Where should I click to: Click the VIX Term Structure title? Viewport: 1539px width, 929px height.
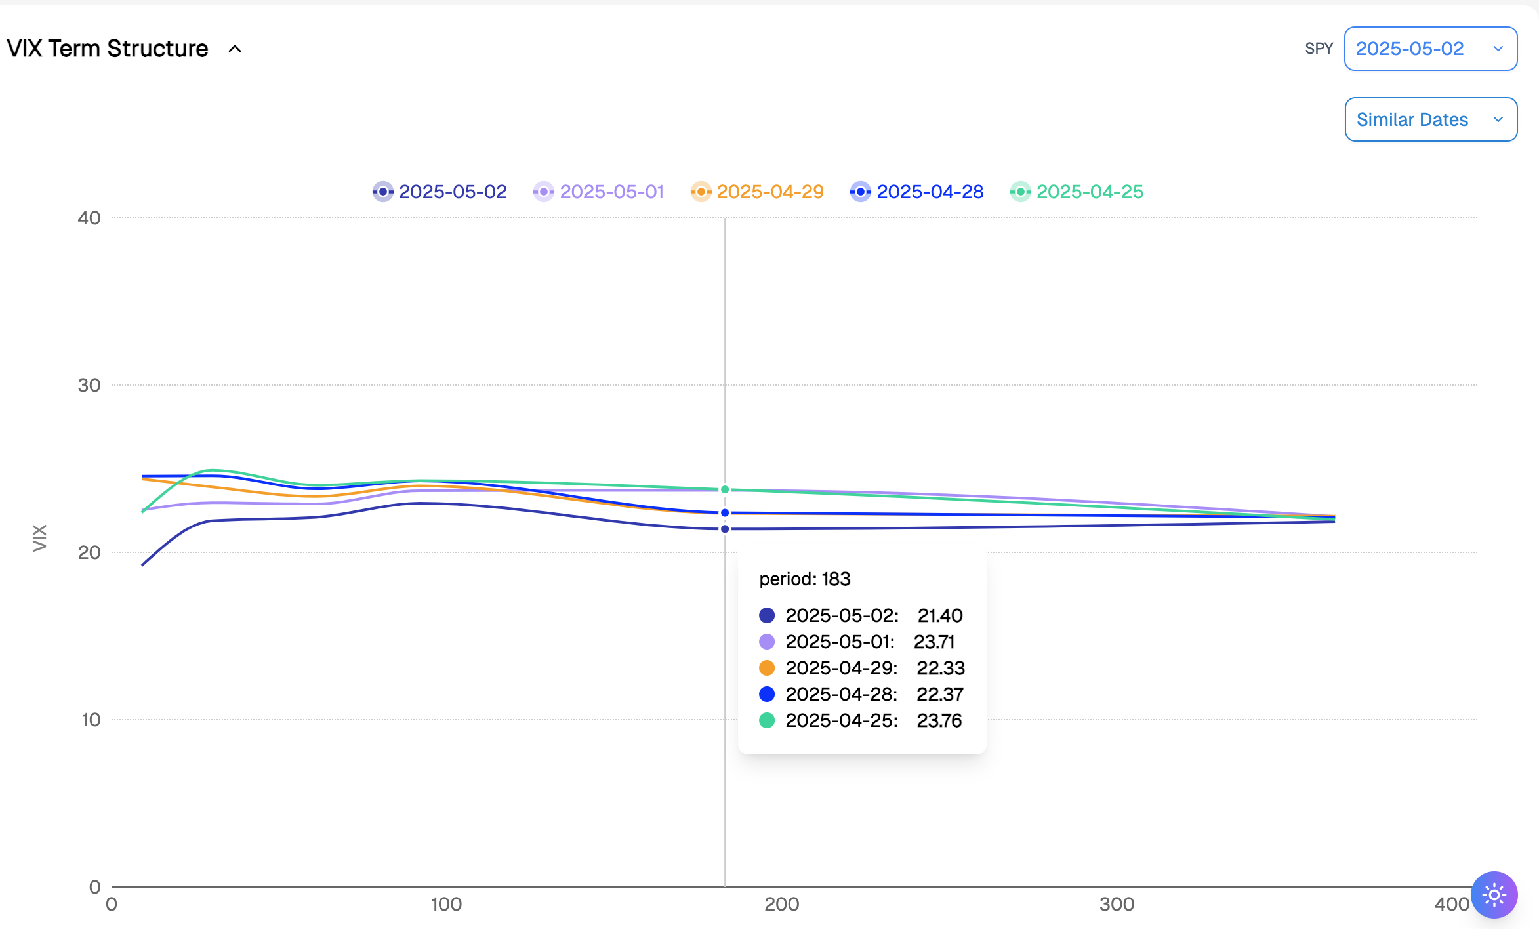pos(108,49)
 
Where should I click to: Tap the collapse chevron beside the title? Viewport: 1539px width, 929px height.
pos(235,49)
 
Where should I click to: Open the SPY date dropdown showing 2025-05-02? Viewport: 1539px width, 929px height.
pos(1430,49)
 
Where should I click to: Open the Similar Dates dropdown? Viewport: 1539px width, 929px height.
pos(1430,119)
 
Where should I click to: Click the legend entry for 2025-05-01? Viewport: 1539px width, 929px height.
pos(599,192)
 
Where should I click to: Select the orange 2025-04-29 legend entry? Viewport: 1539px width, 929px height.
pos(758,192)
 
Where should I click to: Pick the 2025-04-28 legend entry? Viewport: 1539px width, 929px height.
pos(917,192)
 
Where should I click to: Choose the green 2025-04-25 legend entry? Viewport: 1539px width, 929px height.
pos(1077,192)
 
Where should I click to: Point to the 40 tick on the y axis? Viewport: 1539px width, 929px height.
pos(89,218)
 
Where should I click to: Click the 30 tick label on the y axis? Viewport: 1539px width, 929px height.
pos(89,385)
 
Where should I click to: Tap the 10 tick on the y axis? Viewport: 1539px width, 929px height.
pos(91,720)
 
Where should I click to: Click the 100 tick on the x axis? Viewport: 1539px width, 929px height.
pos(446,904)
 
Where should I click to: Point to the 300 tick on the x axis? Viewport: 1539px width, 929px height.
pos(1117,904)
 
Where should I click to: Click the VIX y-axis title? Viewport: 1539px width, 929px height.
pos(39,538)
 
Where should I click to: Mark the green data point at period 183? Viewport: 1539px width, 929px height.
pos(725,489)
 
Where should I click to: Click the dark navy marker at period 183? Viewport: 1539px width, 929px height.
pos(725,529)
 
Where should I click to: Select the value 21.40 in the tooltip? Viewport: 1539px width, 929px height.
pos(940,615)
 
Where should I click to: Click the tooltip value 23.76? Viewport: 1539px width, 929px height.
pos(939,720)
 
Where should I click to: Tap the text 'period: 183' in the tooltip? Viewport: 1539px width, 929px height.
pos(804,579)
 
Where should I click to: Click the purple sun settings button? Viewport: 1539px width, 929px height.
pos(1494,895)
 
